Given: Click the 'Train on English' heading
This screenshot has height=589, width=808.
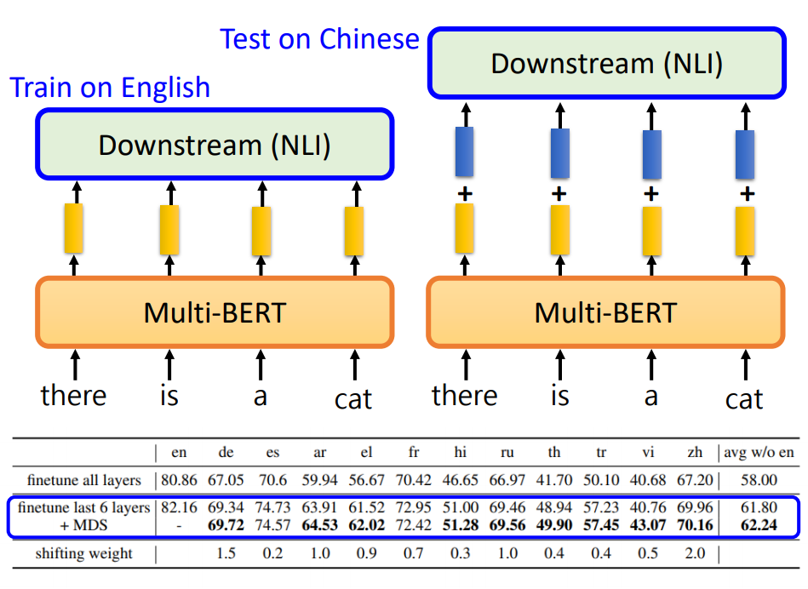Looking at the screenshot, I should [x=110, y=88].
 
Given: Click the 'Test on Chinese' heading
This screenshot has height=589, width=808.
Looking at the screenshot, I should [x=319, y=39].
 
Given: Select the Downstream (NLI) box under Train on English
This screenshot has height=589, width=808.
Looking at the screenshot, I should [x=214, y=146].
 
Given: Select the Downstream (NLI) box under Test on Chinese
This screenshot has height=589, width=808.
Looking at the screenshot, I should [x=606, y=64].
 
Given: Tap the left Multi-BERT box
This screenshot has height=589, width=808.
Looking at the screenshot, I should [x=214, y=312].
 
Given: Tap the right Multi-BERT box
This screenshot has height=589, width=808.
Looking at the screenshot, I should [x=605, y=312].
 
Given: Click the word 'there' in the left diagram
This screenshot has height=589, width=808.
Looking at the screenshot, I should [x=74, y=396].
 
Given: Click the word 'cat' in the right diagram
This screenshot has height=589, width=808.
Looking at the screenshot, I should [x=743, y=399].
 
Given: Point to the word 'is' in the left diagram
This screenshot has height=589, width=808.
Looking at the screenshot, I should [x=169, y=396].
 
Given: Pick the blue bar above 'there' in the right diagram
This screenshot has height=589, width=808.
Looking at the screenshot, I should [x=464, y=152].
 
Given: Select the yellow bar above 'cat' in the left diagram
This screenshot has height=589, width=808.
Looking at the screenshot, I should [x=354, y=230].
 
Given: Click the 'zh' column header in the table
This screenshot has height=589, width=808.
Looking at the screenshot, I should [x=695, y=452].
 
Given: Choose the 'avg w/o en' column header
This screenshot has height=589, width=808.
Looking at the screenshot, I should [x=758, y=452].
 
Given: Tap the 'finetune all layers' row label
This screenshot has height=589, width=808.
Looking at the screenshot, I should [x=83, y=480].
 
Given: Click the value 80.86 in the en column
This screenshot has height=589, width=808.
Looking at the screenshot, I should [x=179, y=480].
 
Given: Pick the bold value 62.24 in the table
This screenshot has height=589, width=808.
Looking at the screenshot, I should [x=758, y=524].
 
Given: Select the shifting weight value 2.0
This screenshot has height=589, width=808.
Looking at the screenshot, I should [x=695, y=554].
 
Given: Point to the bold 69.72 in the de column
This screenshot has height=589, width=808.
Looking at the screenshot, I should [x=226, y=524].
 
